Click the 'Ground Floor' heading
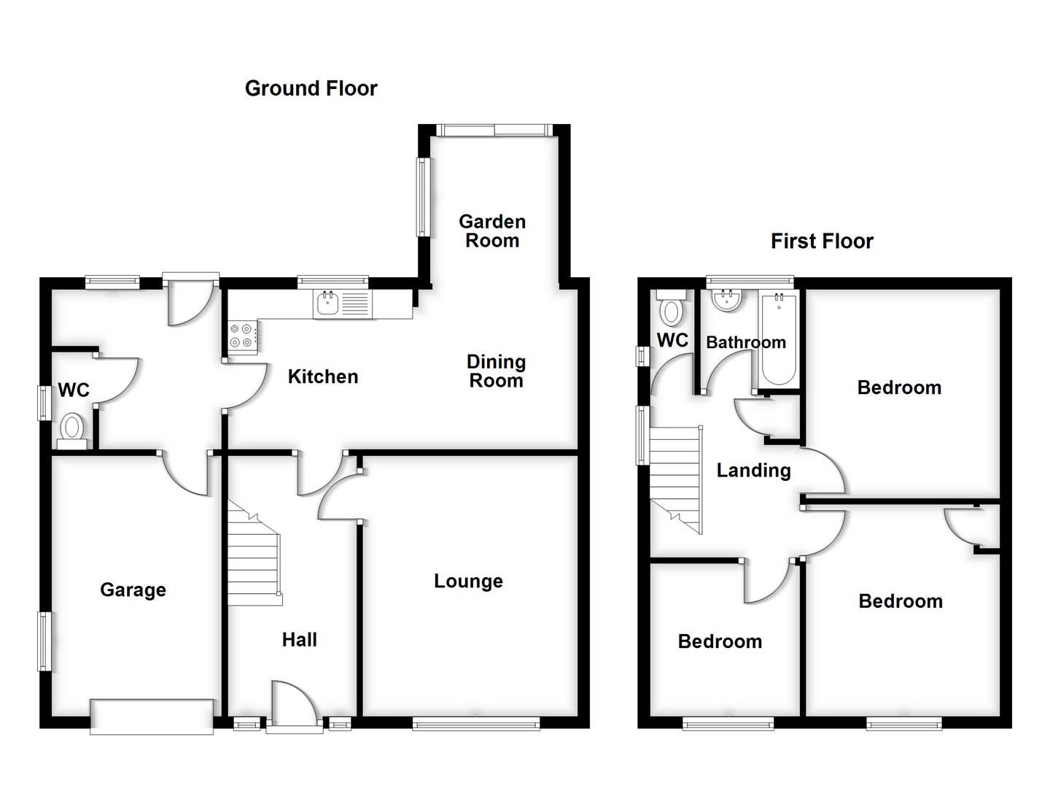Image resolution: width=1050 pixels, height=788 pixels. click(x=311, y=88)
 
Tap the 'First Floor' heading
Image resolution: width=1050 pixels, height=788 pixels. click(x=822, y=242)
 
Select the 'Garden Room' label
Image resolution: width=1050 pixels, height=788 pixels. click(x=492, y=231)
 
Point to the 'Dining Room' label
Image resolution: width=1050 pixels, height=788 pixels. click(x=496, y=371)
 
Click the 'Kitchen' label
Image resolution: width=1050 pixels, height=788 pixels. click(x=323, y=376)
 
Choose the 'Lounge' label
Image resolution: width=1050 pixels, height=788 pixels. click(x=468, y=582)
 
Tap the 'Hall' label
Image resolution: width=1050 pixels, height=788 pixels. click(x=299, y=640)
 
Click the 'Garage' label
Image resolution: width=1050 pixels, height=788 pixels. click(x=133, y=590)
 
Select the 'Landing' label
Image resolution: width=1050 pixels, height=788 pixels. click(x=753, y=471)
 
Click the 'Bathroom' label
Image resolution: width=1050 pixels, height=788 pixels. click(x=745, y=342)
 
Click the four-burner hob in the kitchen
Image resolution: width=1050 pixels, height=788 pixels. click(x=242, y=336)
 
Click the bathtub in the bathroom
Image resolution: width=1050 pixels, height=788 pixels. click(x=779, y=339)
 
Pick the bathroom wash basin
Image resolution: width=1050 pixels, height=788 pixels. click(x=727, y=300)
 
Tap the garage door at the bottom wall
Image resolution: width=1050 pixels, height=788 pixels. click(x=152, y=716)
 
